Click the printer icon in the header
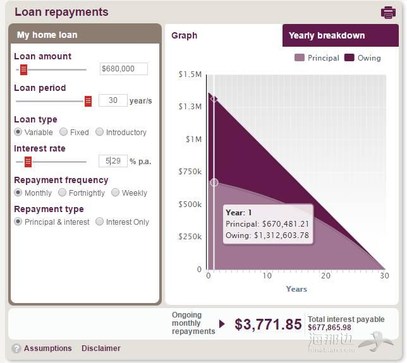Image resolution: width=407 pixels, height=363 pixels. pos(388,12)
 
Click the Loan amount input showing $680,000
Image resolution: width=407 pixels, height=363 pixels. pos(124,69)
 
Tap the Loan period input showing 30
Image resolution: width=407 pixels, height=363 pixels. pos(112,100)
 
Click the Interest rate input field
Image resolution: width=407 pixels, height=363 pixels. pos(113,161)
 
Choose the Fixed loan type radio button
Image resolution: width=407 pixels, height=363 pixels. pos(64,132)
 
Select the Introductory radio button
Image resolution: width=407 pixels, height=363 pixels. pos(100,132)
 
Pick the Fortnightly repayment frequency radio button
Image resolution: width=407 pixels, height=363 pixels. pos(63,193)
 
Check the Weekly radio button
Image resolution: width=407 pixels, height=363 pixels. pos(116,193)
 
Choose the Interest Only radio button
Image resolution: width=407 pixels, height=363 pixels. pos(100,222)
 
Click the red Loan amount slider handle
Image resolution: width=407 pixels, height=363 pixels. pos(23,69)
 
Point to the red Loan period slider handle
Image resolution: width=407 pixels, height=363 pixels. pos(88,101)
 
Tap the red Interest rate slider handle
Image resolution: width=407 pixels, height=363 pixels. pos(28,162)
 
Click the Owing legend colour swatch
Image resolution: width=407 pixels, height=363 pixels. pos(349,58)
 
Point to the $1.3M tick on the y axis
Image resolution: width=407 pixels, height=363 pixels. pos(190,107)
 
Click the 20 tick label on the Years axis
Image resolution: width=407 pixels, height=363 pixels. pos(325,275)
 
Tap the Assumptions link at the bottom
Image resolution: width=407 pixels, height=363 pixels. pos(48,348)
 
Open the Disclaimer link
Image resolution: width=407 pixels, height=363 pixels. pos(100,348)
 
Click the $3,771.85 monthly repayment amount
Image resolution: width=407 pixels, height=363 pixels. pos(268,324)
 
